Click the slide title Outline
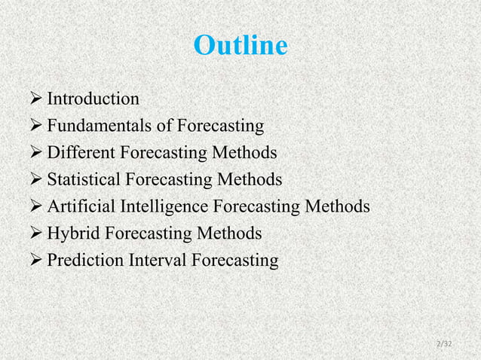point(240,46)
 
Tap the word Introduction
point(93,99)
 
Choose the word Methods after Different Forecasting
point(244,154)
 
